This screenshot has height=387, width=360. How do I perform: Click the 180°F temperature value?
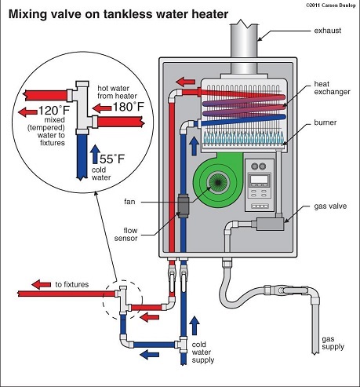tap(129, 107)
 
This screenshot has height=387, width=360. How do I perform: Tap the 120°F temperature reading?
tap(54, 110)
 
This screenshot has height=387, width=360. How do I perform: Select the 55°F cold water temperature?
tap(112, 159)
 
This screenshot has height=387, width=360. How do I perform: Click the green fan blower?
tap(218, 179)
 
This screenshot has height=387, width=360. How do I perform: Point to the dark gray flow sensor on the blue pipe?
tap(184, 205)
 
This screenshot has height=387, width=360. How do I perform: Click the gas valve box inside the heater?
tap(270, 224)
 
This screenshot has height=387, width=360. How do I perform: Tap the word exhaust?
tap(328, 31)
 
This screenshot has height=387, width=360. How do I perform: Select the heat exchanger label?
tap(332, 88)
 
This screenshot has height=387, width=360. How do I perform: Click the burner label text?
tap(325, 122)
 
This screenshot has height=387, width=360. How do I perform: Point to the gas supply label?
tap(333, 343)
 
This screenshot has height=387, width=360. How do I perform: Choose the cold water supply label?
tap(203, 352)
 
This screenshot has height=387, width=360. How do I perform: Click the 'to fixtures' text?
tap(72, 284)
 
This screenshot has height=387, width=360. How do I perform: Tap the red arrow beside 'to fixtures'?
tap(42, 284)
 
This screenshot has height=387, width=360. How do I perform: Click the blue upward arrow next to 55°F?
tap(95, 154)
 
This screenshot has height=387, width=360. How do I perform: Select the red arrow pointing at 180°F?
tap(102, 108)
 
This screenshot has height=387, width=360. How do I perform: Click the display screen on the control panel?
tap(259, 179)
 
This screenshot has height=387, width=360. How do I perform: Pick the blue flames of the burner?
tap(243, 137)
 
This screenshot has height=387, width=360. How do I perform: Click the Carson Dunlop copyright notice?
tap(331, 5)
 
